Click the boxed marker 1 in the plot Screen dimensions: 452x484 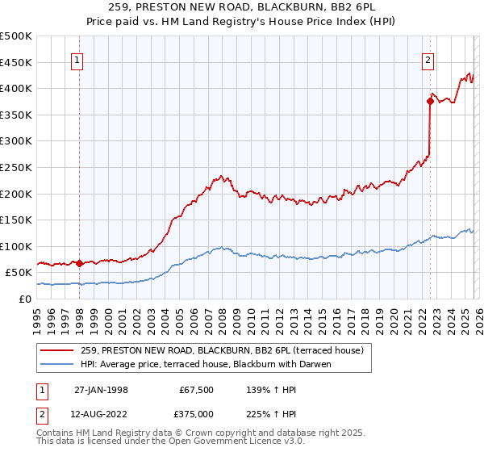[78, 59]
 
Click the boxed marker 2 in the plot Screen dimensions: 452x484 [428, 59]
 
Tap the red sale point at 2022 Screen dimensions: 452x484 [430, 101]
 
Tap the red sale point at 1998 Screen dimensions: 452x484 [79, 263]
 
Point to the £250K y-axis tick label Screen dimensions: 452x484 [16, 167]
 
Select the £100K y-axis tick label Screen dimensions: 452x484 [16, 246]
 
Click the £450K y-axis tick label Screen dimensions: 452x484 [16, 62]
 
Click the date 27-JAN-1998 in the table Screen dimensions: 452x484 [101, 390]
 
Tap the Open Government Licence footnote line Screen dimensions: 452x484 [171, 442]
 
